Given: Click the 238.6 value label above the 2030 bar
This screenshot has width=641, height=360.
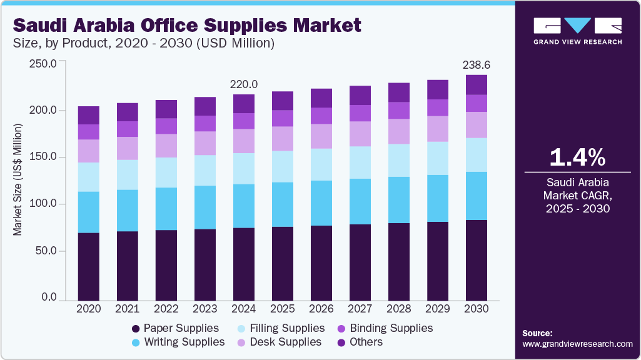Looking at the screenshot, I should (477, 64).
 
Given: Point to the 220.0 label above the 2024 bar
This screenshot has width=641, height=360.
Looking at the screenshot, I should (245, 84).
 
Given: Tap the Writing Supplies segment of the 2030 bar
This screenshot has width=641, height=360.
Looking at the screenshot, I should (477, 196).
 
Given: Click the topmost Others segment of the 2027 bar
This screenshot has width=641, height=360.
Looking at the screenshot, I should (360, 95).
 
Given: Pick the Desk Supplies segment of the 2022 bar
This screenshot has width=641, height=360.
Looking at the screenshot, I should (166, 146).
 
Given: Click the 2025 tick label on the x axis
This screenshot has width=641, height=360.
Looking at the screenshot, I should (283, 309).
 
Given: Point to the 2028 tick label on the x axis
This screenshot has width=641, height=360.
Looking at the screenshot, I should (399, 309).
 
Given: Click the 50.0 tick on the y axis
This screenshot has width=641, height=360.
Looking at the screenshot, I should (44, 251).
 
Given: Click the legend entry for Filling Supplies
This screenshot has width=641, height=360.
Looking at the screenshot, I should (286, 328).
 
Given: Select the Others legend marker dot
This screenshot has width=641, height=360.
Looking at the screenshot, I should (341, 342).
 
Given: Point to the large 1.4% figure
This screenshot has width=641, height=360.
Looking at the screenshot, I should (577, 157).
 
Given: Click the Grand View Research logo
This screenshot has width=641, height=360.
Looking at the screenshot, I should (577, 31).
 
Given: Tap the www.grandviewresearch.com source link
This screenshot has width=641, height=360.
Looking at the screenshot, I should (577, 344).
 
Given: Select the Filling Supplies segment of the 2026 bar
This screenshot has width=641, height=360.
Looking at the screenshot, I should (321, 164).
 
